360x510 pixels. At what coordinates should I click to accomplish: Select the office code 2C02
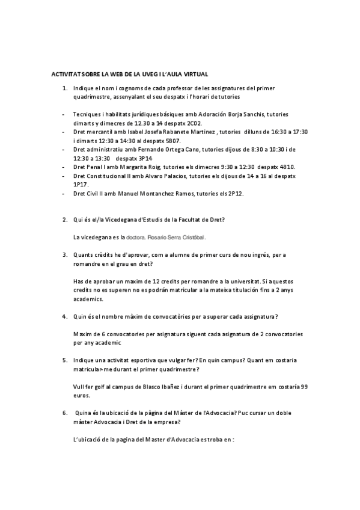pyautogui.click(x=210, y=122)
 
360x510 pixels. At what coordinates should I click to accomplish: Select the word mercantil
pyautogui.click(x=97, y=131)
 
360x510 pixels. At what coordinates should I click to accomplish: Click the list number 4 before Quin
pyautogui.click(x=64, y=316)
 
